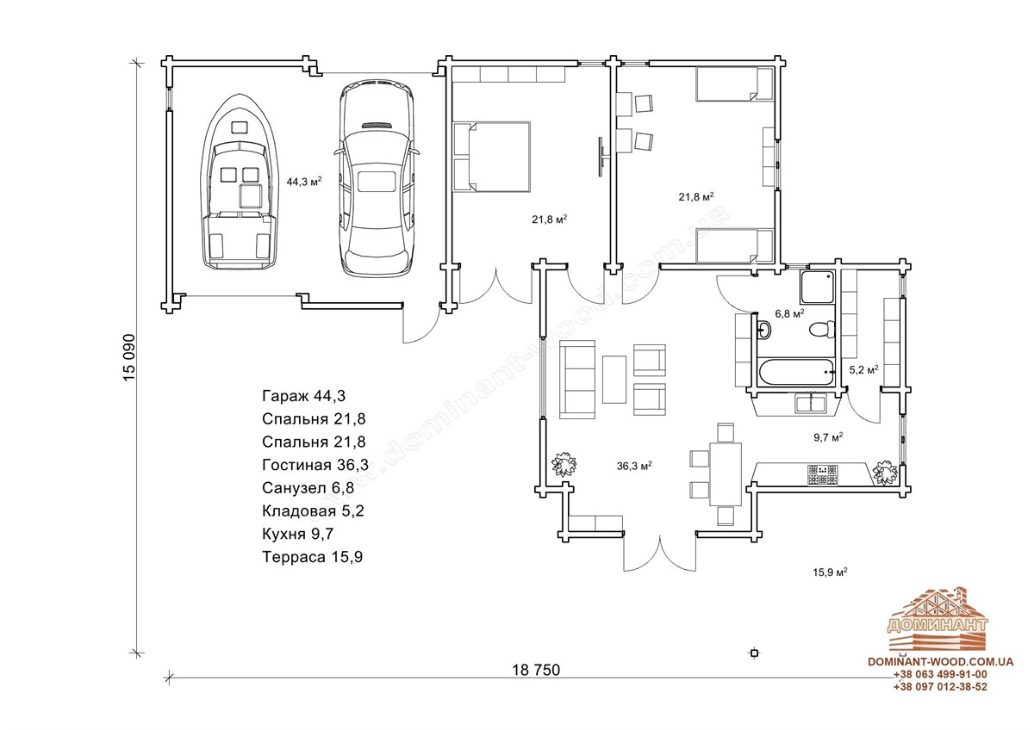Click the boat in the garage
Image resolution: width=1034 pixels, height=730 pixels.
[240, 182]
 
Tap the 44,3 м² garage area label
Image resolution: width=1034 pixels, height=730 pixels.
[303, 182]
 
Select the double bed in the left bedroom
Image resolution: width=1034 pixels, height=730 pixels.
[491, 157]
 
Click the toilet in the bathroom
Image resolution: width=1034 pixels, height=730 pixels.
[823, 329]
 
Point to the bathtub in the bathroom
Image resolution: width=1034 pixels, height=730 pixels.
[796, 372]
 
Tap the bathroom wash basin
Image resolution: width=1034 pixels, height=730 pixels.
[764, 330]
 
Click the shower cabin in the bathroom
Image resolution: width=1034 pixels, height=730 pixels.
[818, 288]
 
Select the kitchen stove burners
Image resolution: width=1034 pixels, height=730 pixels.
[822, 475]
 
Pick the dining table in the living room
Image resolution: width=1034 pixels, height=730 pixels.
[726, 473]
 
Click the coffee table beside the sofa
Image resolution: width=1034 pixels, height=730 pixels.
[614, 379]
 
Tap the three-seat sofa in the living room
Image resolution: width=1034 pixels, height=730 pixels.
[577, 380]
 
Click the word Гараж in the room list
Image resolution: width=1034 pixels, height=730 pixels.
[285, 396]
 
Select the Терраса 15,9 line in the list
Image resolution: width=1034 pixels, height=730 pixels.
[313, 557]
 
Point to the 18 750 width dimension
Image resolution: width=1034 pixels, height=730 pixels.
[536, 670]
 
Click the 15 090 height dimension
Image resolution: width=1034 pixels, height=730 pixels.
[129, 358]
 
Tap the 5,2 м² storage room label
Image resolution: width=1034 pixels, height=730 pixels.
[863, 370]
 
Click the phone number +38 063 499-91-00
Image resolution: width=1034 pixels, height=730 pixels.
[940, 674]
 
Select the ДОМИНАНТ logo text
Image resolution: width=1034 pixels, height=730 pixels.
[937, 625]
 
